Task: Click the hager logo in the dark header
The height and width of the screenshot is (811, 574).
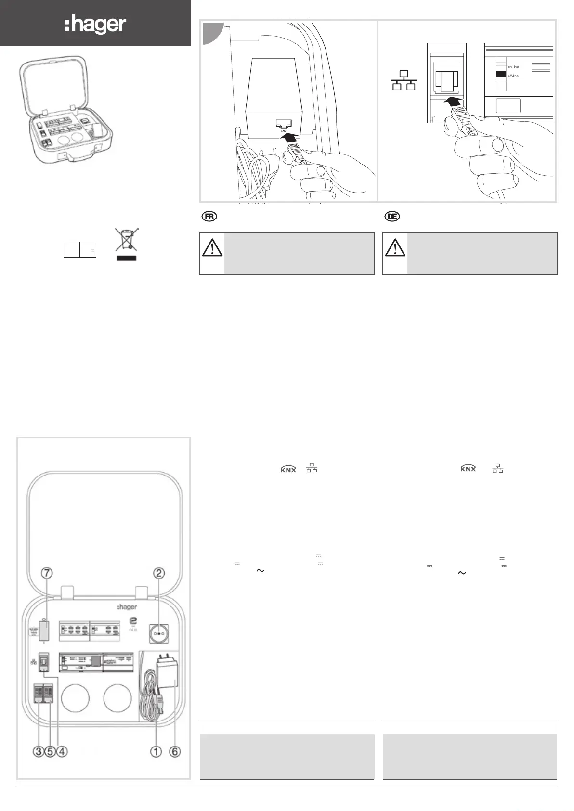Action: coord(95,24)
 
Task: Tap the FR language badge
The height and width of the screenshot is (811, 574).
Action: coord(209,217)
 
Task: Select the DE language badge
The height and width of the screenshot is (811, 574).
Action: coord(392,217)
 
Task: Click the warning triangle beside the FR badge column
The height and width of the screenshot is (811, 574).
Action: coord(212,247)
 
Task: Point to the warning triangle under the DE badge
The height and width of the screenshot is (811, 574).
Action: coord(395,247)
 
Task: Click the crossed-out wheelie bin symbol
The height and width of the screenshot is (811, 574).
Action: coord(126,240)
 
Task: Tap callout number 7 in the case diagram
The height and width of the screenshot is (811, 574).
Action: coord(47,573)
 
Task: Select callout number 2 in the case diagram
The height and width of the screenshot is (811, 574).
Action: coord(159,573)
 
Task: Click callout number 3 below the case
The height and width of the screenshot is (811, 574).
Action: coord(39,751)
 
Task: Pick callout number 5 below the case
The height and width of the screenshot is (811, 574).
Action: coord(50,751)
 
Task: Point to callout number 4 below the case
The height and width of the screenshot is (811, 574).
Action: coord(62,751)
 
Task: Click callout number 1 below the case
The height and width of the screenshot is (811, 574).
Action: coord(156,751)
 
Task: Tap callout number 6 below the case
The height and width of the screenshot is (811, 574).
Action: coord(175,751)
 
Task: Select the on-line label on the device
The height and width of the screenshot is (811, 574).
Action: coord(513,67)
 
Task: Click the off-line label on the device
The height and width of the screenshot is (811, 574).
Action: coord(513,76)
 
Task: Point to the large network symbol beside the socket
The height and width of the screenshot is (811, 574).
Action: coord(404,81)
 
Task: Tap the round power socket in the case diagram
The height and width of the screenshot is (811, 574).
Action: coord(159,634)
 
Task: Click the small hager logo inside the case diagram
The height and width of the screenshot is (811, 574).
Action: coord(127,607)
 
